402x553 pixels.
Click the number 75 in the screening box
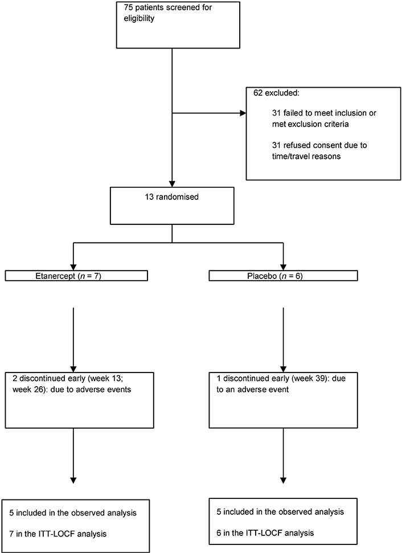pyautogui.click(x=129, y=7)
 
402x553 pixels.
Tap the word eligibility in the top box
pyautogui.click(x=139, y=19)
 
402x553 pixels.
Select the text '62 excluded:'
pyautogui.click(x=276, y=93)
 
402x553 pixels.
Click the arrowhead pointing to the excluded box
pyautogui.click(x=243, y=113)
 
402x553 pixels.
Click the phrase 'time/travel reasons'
pyautogui.click(x=306, y=156)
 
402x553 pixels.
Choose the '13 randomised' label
pyautogui.click(x=172, y=197)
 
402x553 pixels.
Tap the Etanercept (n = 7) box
pyautogui.click(x=76, y=276)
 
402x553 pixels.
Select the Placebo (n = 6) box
pyautogui.click(x=283, y=276)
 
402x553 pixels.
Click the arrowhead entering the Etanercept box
pyautogui.click(x=73, y=267)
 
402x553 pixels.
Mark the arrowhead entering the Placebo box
pyautogui.click(x=283, y=267)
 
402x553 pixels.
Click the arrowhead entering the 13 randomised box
pyautogui.click(x=172, y=184)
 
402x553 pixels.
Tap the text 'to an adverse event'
pyautogui.click(x=252, y=390)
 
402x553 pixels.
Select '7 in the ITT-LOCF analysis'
pyautogui.click(x=58, y=534)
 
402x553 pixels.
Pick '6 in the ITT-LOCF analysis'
pyautogui.click(x=265, y=533)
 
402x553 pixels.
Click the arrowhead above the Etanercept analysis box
pyautogui.click(x=73, y=480)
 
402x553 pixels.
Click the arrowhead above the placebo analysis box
pyautogui.click(x=283, y=480)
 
